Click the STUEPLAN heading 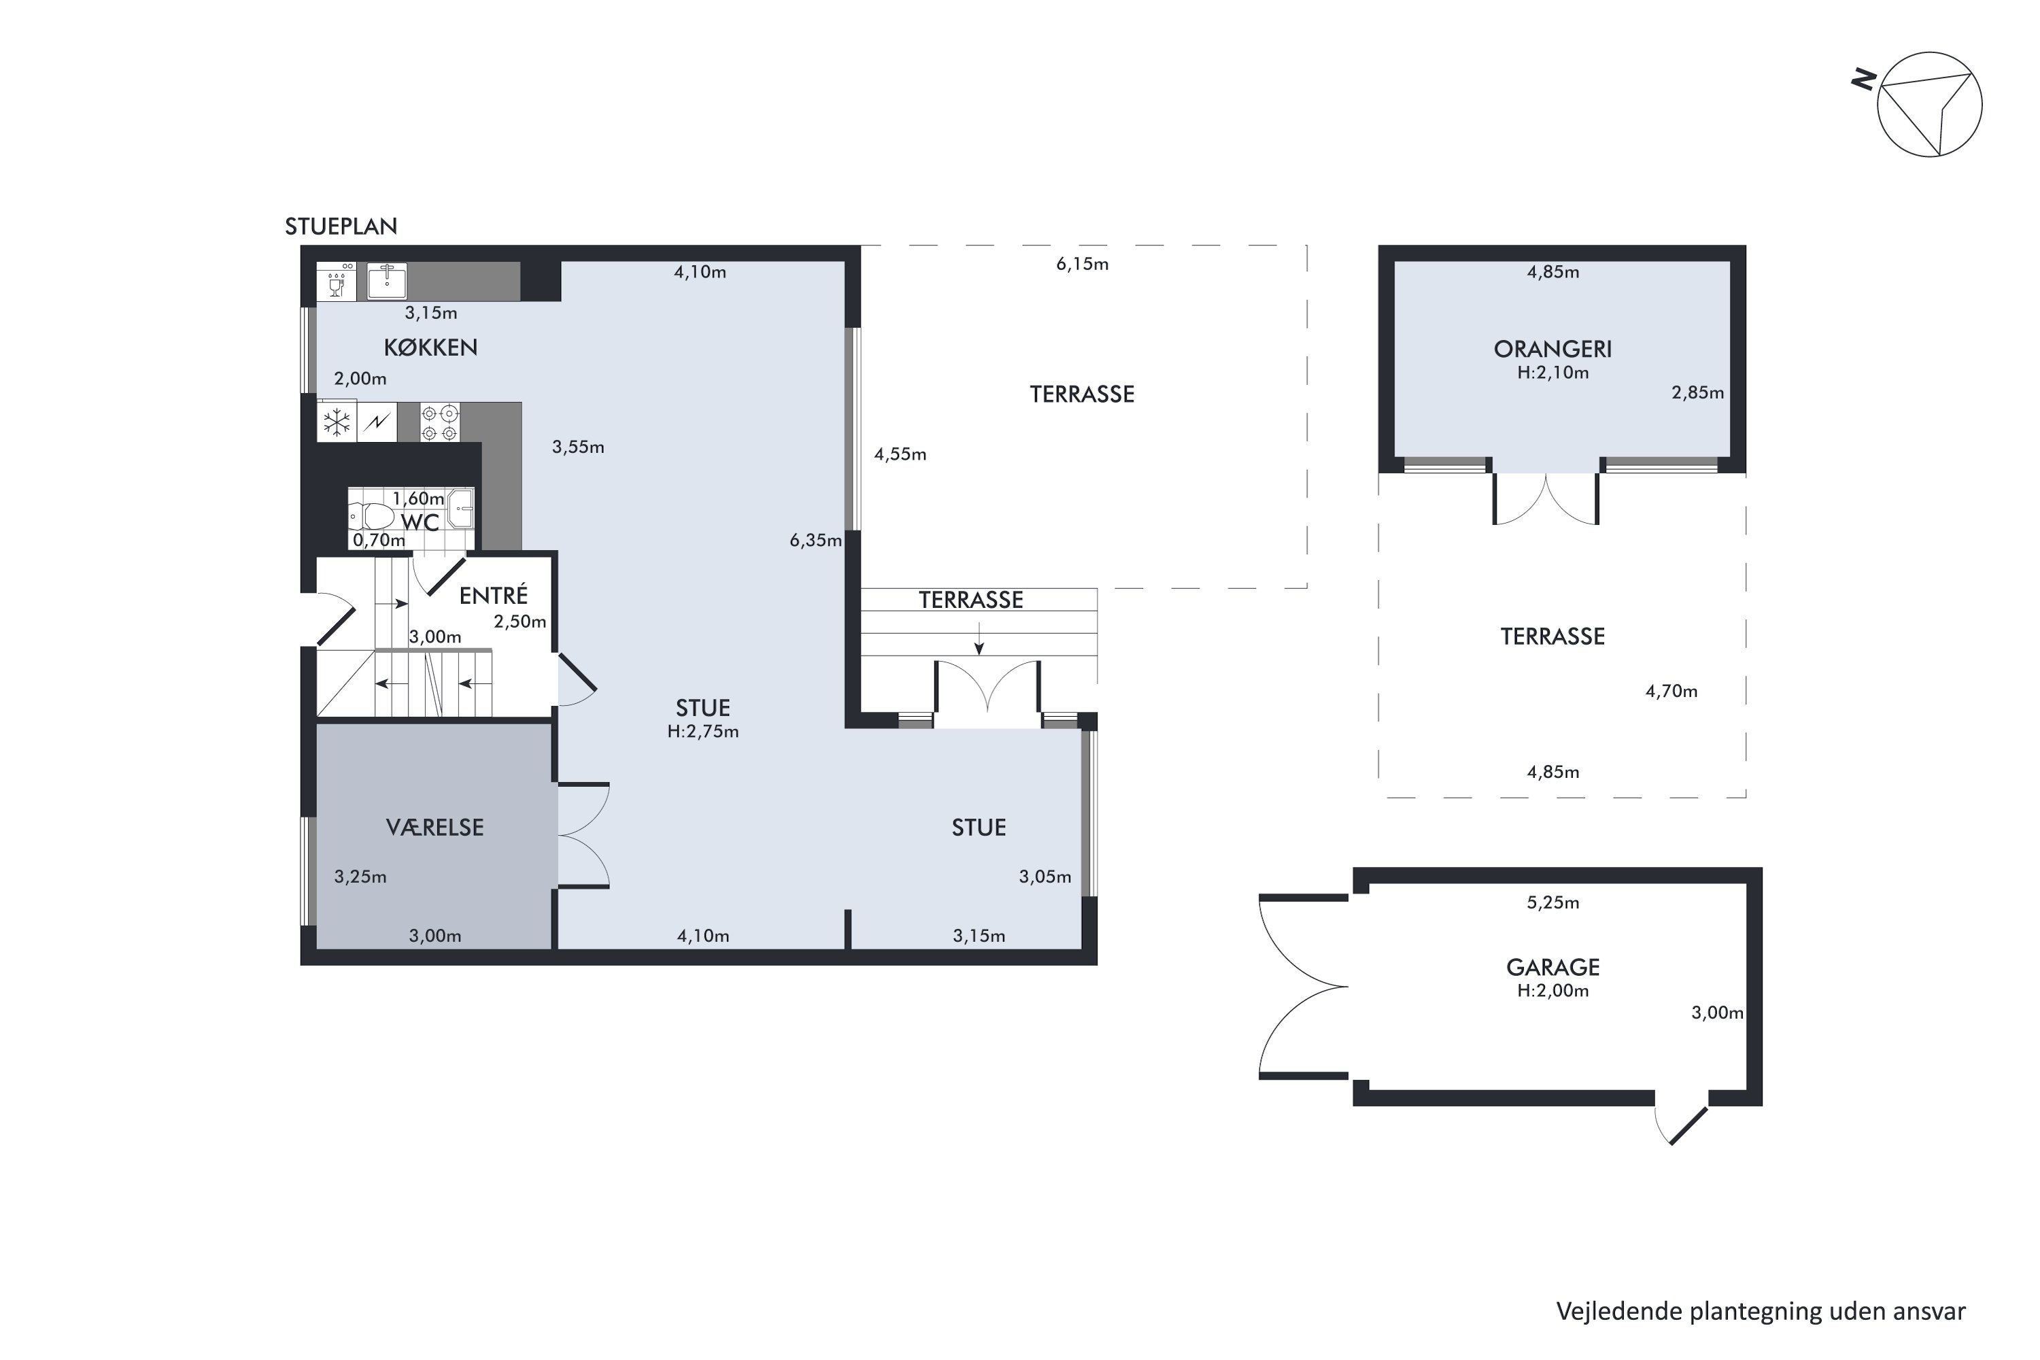click(x=341, y=226)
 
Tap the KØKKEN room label click(x=430, y=347)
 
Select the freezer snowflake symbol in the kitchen click(x=337, y=422)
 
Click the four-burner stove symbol click(x=440, y=422)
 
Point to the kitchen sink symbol click(x=387, y=280)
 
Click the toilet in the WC click(x=372, y=516)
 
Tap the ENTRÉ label click(x=494, y=595)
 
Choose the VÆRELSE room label click(x=435, y=828)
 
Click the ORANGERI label click(x=1552, y=350)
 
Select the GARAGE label click(x=1552, y=967)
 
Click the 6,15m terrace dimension click(x=1082, y=264)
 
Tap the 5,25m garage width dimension click(x=1552, y=902)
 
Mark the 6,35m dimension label click(x=815, y=541)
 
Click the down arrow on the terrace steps click(x=979, y=639)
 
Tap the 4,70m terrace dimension click(x=1671, y=692)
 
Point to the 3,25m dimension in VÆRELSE click(x=360, y=877)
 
